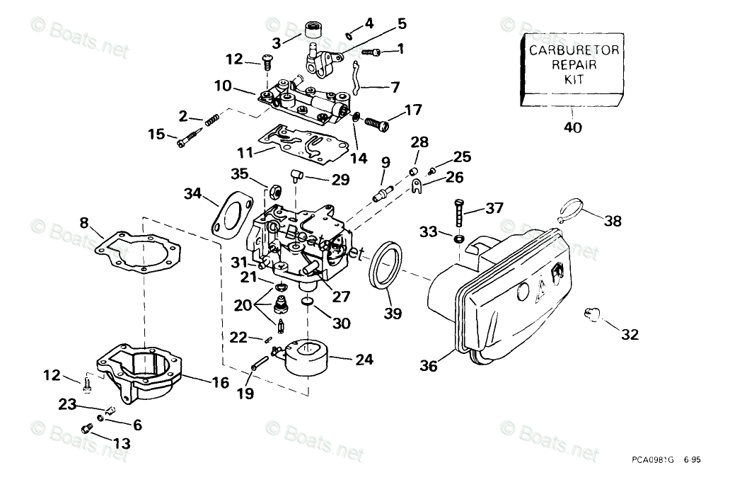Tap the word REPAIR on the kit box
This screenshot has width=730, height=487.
[x=574, y=64]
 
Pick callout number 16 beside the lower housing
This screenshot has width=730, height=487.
[x=220, y=382]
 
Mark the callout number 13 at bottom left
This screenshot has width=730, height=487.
[x=121, y=444]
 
